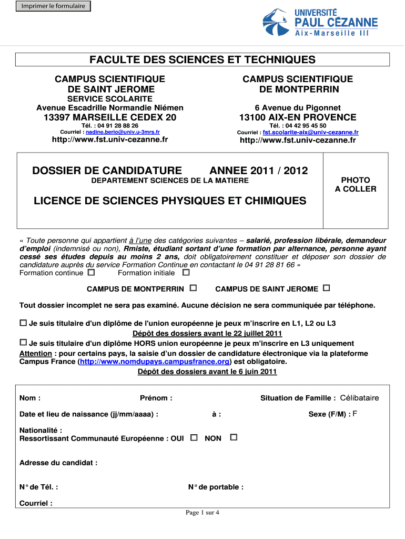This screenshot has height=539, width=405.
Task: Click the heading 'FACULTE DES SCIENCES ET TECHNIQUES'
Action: (202, 59)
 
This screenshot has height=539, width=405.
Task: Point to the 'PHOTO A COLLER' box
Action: (356, 185)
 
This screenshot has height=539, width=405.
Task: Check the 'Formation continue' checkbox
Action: (92, 273)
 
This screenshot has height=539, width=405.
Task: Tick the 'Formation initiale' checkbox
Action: (186, 273)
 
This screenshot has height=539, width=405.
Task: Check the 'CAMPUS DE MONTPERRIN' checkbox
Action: (193, 288)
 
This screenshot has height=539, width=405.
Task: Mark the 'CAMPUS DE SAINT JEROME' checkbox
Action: (327, 288)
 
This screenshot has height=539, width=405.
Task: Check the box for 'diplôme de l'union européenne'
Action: (23, 322)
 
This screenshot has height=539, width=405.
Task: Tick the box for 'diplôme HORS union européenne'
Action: (23, 342)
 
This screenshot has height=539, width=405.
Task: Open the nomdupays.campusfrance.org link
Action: (155, 362)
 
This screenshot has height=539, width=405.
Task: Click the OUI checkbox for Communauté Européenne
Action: (194, 437)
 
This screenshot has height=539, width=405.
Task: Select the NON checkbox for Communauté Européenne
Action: (234, 437)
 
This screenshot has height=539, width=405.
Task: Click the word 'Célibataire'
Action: (359, 398)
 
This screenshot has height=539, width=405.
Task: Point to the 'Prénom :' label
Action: (156, 398)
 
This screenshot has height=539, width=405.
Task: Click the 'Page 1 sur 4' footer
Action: (202, 513)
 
